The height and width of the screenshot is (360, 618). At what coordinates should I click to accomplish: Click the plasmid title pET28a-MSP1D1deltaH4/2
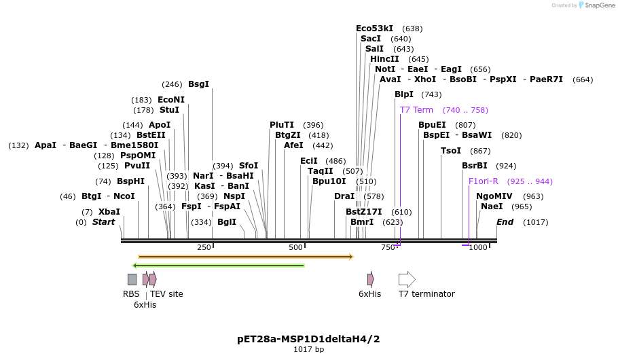(308, 338)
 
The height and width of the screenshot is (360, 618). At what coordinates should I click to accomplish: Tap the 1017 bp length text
(308, 349)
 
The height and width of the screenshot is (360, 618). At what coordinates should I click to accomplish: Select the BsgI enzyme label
(198, 84)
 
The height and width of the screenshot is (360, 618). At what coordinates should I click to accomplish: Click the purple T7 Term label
(416, 110)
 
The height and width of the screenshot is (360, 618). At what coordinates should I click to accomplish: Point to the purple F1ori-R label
(483, 181)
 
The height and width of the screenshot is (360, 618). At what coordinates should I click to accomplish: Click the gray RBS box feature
(132, 279)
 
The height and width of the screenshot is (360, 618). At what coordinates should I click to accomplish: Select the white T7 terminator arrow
(407, 279)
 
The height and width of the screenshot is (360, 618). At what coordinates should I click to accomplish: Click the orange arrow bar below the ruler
(245, 257)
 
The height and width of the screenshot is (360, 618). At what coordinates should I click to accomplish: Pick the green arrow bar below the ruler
(218, 266)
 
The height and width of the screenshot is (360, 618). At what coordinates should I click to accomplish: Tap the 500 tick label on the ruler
(295, 247)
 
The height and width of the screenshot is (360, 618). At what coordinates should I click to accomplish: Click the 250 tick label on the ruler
(204, 247)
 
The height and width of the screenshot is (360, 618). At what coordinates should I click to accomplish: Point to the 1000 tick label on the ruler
(478, 247)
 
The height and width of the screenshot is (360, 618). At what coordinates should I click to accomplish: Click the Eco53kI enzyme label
(374, 29)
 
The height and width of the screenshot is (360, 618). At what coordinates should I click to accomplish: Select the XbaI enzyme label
(109, 212)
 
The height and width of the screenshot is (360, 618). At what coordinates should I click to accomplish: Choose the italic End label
(505, 222)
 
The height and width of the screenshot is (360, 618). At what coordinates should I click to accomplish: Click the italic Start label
(103, 222)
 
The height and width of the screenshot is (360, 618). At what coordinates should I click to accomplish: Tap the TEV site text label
(166, 294)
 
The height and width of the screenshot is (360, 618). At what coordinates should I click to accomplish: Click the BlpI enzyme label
(403, 94)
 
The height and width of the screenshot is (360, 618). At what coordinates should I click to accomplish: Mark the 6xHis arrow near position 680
(370, 279)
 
